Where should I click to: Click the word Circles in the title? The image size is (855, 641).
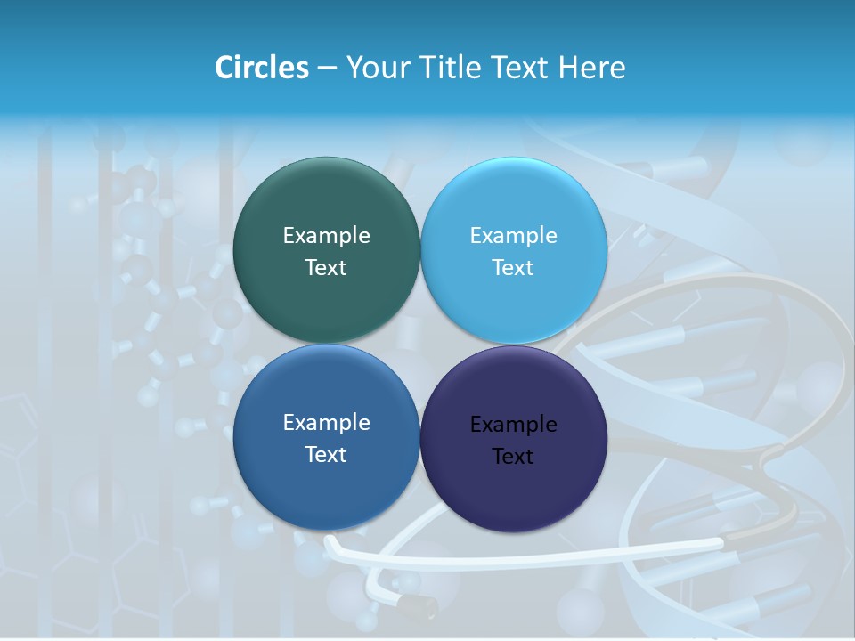pos(261,68)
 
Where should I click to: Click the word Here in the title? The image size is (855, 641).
pos(592,68)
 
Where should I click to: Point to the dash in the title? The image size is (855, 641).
pos(327,69)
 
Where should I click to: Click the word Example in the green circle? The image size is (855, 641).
pos(326,236)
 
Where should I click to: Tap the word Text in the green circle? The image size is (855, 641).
pos(326,268)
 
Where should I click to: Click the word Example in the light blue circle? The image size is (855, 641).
pos(514,236)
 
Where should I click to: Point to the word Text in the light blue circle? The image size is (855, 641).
pos(514,268)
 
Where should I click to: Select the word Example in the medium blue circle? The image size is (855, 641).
pos(326,423)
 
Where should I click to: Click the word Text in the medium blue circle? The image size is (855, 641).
pos(326,455)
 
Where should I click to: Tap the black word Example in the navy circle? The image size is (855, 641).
pos(514,425)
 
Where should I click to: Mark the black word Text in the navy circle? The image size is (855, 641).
pos(514,457)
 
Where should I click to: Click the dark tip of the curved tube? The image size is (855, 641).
pos(419,607)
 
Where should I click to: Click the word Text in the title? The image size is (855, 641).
pos(520,68)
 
